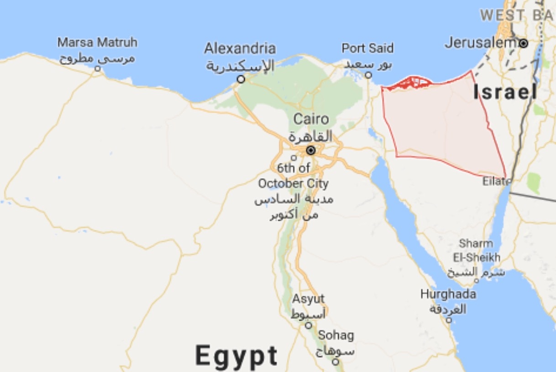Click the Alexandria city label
pyautogui.click(x=240, y=48)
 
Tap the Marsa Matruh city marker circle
pyautogui.click(x=97, y=68)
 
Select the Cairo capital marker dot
pyautogui.click(x=311, y=150)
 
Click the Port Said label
pyautogui.click(x=367, y=48)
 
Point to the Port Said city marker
pyautogui.click(x=368, y=75)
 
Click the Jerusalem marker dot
pyautogui.click(x=524, y=43)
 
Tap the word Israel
pyautogui.click(x=505, y=92)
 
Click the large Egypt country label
pyautogui.click(x=236, y=356)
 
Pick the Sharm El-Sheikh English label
pyautogui.click(x=476, y=250)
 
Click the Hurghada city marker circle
pyautogui.click(x=449, y=320)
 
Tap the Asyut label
pyautogui.click(x=309, y=299)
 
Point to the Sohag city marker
pyautogui.click(x=336, y=362)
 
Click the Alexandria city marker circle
pyautogui.click(x=241, y=79)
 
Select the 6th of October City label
pyautogui.click(x=293, y=176)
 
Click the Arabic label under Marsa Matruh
pyautogui.click(x=97, y=58)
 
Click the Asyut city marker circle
pyautogui.click(x=309, y=325)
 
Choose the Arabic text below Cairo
pyautogui.click(x=310, y=136)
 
